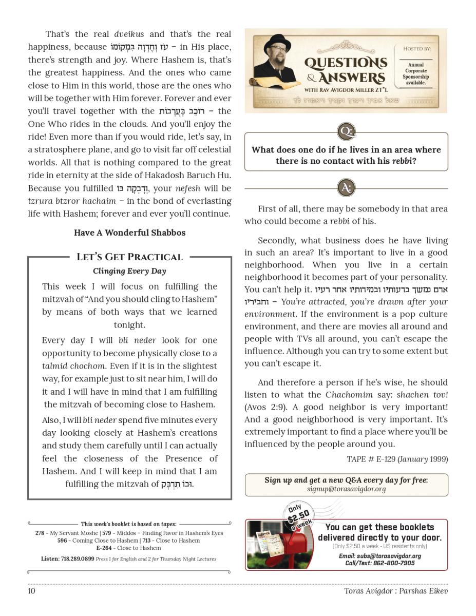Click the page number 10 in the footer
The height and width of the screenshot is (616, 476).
pos(31,591)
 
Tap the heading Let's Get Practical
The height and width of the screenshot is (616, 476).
pos(129,257)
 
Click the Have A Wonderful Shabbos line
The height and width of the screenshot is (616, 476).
pos(129,233)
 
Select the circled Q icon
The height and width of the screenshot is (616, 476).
pos(346,131)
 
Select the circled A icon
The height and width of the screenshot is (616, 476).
pos(346,188)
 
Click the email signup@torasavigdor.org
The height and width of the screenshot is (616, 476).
pos(346,489)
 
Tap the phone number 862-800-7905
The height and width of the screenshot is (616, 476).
pos(394,563)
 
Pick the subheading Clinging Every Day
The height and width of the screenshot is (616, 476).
pos(129,271)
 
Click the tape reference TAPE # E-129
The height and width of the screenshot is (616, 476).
pos(371,459)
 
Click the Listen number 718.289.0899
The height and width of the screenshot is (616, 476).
pos(77,559)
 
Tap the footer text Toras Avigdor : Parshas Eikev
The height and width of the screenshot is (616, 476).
pos(396,591)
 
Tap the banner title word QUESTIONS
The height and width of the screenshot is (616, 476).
pos(346,63)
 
